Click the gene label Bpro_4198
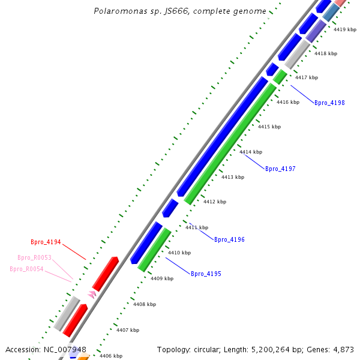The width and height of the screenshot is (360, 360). [x=329, y=103]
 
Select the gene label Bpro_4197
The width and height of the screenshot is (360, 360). [x=280, y=169]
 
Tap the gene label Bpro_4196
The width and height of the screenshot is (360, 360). [x=229, y=240]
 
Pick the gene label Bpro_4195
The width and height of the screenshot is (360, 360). [x=206, y=274]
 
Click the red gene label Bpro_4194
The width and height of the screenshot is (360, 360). [x=46, y=242]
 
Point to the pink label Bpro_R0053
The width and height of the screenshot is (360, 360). [x=34, y=258]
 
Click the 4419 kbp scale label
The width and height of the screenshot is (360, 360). [x=345, y=29]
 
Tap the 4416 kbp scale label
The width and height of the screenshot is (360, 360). [x=288, y=103]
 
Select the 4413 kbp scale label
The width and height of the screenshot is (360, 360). [x=233, y=177]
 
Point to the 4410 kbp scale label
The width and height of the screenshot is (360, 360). [x=179, y=253]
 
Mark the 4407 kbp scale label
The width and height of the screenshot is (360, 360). [x=127, y=331]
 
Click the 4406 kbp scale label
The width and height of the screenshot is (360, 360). [x=110, y=356]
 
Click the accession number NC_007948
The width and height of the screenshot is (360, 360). [x=65, y=349]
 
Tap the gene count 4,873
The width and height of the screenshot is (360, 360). [x=341, y=349]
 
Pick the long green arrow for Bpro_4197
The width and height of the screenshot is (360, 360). [x=230, y=144]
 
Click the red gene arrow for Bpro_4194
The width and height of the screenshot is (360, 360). [x=105, y=273]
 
